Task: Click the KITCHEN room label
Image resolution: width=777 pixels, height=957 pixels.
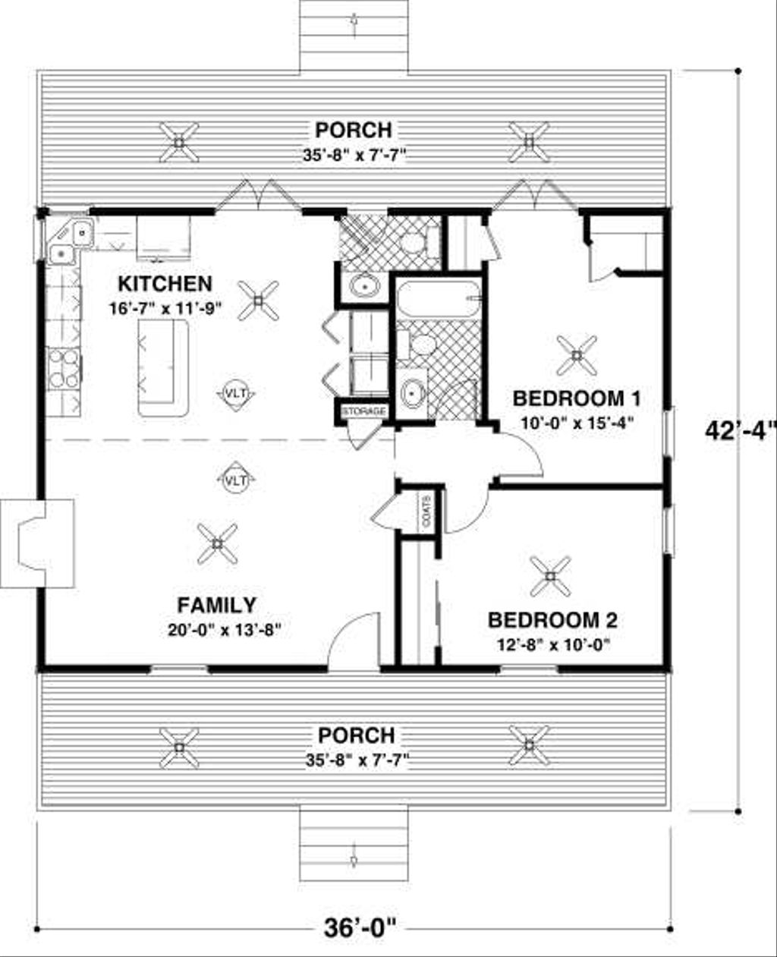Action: (x=165, y=284)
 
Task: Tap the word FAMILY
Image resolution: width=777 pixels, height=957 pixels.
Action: (x=216, y=605)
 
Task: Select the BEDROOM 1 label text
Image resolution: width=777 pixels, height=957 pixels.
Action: (x=577, y=398)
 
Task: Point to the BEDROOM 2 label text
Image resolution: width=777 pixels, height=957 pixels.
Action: (x=552, y=621)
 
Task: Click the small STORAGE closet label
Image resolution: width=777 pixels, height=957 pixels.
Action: (x=364, y=411)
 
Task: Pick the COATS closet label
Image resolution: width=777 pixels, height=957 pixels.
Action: (x=426, y=510)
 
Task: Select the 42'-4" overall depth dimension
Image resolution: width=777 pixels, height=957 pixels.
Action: (x=739, y=430)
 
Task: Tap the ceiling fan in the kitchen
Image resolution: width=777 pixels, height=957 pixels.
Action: (x=258, y=301)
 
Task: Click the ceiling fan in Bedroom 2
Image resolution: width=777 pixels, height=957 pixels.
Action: (x=550, y=577)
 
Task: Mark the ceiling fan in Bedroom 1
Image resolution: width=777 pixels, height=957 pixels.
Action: (x=577, y=355)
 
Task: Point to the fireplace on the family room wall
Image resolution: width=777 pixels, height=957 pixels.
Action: (x=38, y=543)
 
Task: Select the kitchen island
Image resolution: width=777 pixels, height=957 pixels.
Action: (x=162, y=367)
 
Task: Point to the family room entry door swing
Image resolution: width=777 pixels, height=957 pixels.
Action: (x=354, y=637)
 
